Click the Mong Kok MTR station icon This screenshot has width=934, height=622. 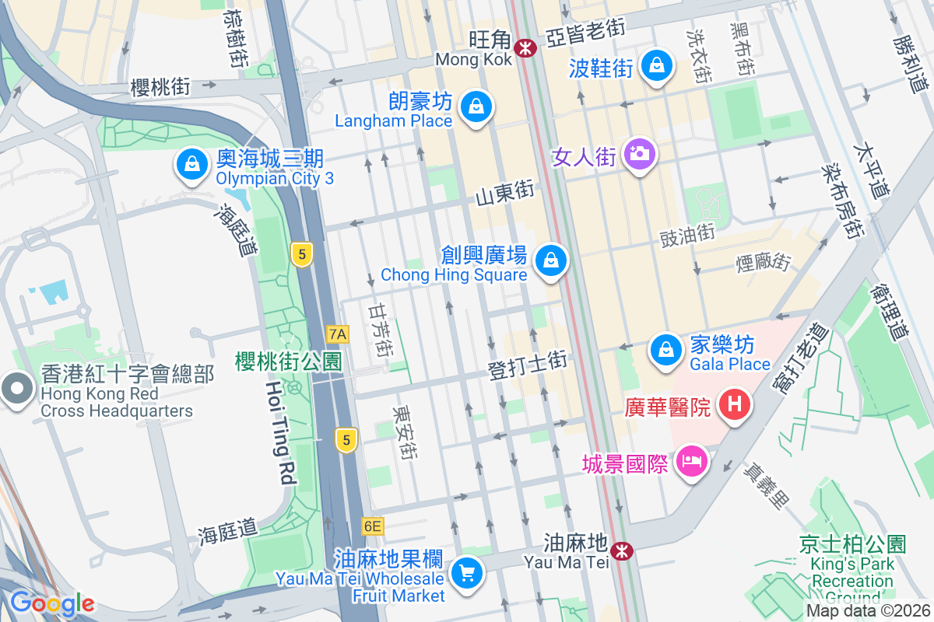click(527, 48)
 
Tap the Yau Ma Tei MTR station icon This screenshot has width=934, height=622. click(622, 551)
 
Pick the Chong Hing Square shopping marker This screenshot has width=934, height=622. click(551, 260)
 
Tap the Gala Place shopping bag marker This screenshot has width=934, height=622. click(666, 349)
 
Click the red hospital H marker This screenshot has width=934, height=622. click(734, 404)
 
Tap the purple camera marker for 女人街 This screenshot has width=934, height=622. click(641, 154)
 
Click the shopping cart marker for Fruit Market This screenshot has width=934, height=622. click(467, 575)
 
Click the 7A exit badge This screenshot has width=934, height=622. click(339, 334)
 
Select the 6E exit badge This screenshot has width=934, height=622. click(373, 526)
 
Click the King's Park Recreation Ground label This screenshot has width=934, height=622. click(852, 571)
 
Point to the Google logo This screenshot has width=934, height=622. click(52, 603)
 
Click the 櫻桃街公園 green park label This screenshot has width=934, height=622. click(289, 361)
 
